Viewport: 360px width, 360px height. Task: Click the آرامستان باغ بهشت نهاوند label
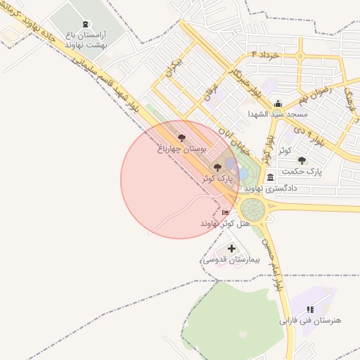click(x=85, y=40)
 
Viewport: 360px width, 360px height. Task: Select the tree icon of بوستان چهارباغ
click(x=182, y=138)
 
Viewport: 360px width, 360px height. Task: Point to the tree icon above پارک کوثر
click(x=216, y=167)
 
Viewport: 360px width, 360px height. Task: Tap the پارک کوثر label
click(x=217, y=179)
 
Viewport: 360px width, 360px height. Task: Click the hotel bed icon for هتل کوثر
click(x=225, y=212)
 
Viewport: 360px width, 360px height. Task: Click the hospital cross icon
click(x=232, y=248)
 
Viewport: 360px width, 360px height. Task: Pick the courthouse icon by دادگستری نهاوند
click(x=271, y=178)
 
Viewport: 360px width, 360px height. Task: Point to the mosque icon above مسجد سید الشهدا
click(x=278, y=103)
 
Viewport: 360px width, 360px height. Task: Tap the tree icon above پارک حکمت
click(x=302, y=160)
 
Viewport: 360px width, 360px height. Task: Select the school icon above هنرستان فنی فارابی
click(x=310, y=309)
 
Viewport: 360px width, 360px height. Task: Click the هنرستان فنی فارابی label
click(x=310, y=320)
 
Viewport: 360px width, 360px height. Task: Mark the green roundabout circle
click(x=252, y=209)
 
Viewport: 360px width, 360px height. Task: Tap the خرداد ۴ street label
click(x=265, y=54)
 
